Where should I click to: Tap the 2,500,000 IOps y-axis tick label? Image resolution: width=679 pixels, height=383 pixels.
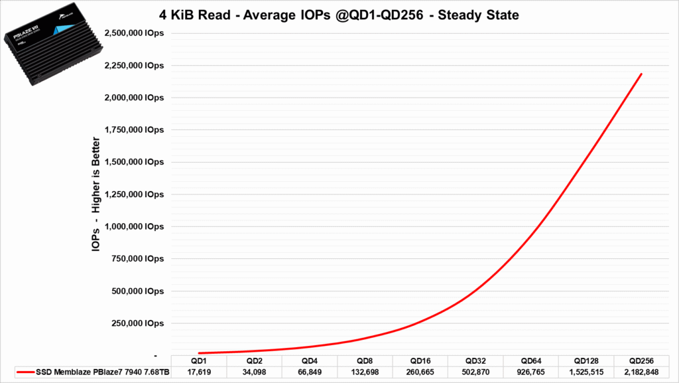pyautogui.click(x=133, y=33)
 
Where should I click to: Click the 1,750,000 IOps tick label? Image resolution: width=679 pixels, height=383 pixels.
pyautogui.click(x=133, y=130)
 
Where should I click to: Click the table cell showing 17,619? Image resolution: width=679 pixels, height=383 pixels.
pyautogui.click(x=198, y=372)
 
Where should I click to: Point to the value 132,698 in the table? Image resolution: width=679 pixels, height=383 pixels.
pyautogui.click(x=365, y=372)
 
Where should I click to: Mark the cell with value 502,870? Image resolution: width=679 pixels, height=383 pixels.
pyautogui.click(x=476, y=372)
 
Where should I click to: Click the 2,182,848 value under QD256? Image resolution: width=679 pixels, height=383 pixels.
pyautogui.click(x=643, y=372)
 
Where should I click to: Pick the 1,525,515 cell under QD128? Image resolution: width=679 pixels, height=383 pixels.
pyautogui.click(x=587, y=372)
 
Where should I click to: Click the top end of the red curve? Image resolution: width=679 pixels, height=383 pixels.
pyautogui.click(x=642, y=74)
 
